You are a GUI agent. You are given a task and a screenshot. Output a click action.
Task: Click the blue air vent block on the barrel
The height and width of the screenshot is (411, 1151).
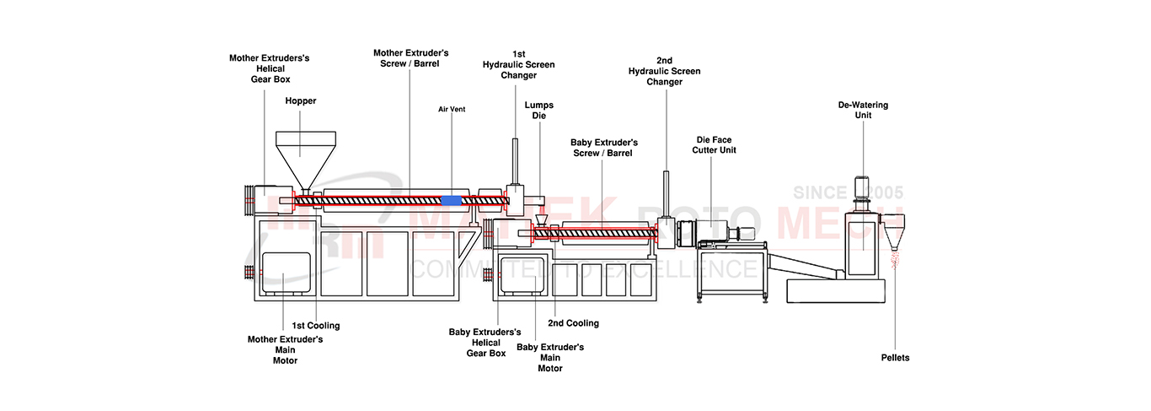point(452,200)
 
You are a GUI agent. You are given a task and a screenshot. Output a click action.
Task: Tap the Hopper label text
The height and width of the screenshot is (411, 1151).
point(300,100)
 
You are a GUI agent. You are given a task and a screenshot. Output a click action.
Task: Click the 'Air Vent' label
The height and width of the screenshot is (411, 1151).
point(452,109)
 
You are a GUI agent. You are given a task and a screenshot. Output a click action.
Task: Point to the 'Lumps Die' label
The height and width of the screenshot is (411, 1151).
point(539,111)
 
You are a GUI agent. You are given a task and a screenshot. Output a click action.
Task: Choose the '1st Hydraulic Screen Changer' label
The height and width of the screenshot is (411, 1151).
point(518,64)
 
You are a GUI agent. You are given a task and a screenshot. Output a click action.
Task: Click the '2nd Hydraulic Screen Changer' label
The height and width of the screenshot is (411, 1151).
point(664,71)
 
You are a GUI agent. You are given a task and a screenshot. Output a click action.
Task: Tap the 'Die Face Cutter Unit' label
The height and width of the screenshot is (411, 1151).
point(709,144)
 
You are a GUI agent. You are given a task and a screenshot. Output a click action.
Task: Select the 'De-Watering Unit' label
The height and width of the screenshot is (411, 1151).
point(863,110)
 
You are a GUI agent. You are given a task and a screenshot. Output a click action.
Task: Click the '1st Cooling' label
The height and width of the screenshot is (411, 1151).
point(316,326)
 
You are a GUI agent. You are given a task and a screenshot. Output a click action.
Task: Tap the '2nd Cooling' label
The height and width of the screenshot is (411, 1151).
point(573,323)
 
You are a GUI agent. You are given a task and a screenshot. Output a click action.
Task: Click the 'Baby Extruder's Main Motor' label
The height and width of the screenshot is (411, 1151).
point(549,357)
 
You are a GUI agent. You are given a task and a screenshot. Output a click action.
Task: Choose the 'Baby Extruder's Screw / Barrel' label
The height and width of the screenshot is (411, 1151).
point(603,148)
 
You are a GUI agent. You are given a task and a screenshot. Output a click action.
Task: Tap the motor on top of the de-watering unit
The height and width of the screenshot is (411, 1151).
point(862,187)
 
